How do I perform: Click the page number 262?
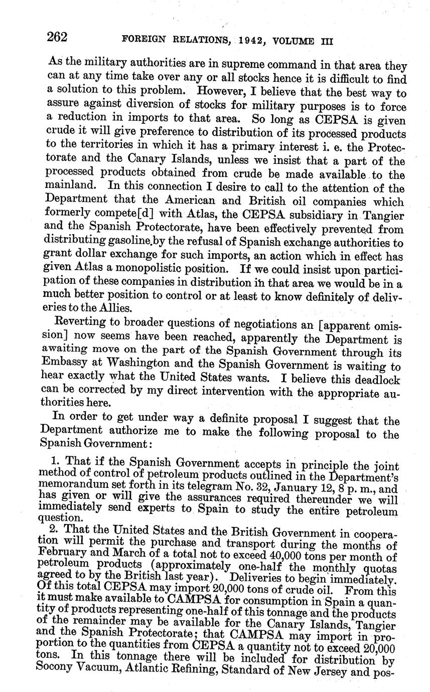[x=57, y=37]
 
